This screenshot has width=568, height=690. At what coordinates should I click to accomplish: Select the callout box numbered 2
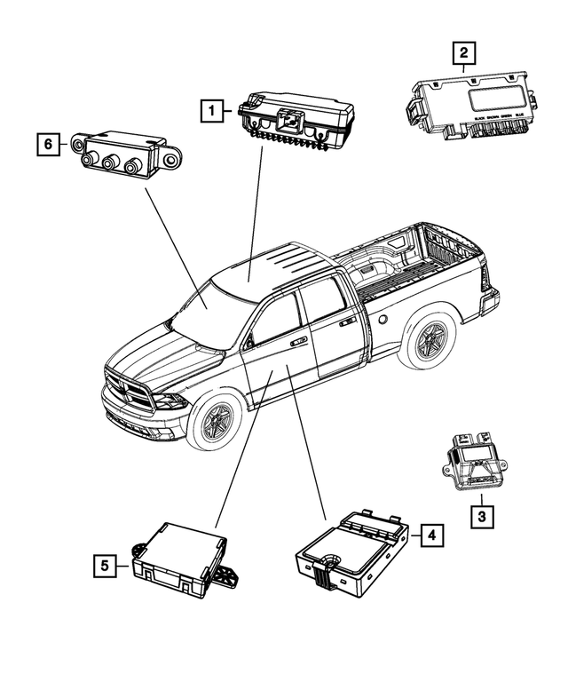pos(461,52)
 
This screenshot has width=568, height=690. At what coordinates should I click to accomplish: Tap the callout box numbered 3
pos(480,513)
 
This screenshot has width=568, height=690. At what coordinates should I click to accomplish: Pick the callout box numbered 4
pos(430,535)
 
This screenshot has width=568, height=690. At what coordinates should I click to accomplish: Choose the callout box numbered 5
pos(105,564)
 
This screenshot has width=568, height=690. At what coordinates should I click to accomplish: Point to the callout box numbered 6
pos(50,142)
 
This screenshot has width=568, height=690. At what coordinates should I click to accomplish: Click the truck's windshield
pos(203,307)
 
